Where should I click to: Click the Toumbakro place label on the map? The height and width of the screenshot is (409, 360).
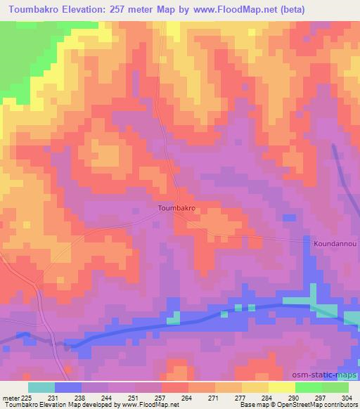pos(176,209)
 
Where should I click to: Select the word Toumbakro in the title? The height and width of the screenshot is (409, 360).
pos(33,9)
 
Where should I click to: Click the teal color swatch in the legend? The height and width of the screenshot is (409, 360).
pos(41,387)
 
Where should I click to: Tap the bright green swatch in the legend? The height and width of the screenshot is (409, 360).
pos(309,387)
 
